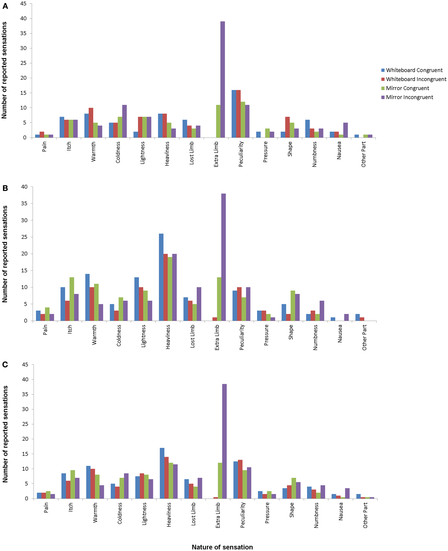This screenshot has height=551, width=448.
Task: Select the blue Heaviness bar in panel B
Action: point(161,277)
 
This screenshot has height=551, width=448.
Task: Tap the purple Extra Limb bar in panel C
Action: point(224,441)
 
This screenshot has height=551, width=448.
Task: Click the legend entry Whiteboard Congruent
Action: point(414,70)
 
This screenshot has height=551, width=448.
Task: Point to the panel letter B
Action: point(5,188)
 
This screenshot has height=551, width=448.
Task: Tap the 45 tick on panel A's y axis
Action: point(24,4)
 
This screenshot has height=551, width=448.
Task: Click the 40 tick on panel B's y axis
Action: point(24,187)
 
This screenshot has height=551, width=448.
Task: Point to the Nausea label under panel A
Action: point(339,151)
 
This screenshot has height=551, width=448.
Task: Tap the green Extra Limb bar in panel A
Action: point(218,121)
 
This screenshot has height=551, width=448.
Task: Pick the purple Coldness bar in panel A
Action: point(124,121)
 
